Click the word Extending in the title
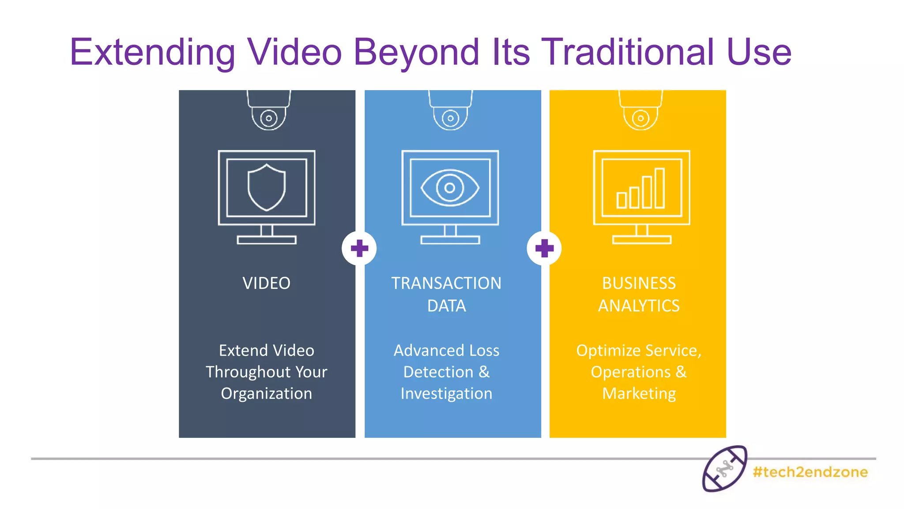pos(152,53)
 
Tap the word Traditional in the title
pos(628,53)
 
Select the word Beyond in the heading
pos(416,53)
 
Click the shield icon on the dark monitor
pos(267,187)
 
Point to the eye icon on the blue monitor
pos(450,188)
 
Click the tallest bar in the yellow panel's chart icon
pos(659,188)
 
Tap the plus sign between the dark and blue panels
pos(359,248)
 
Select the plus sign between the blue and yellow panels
pos(544,248)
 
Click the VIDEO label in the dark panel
pos(267,283)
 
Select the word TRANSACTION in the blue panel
pos(446,283)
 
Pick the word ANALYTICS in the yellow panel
pos(639,306)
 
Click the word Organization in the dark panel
pos(267,393)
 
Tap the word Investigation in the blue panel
pos(446,393)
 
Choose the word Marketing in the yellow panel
pos(639,393)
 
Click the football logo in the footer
pos(724,469)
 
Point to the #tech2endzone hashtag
pos(810,472)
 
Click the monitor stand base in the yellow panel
pos(642,240)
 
